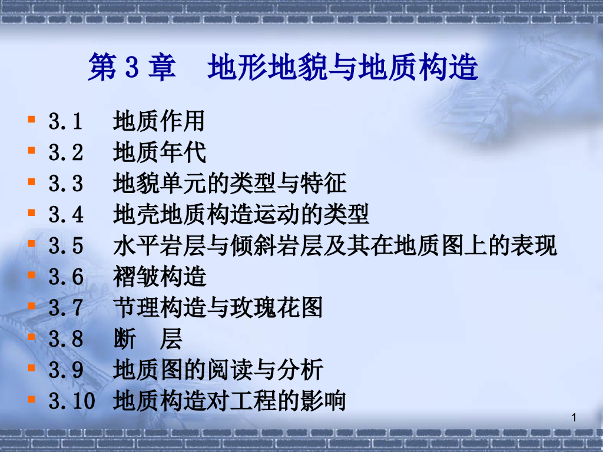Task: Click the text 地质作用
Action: click(x=159, y=122)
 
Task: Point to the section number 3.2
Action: click(x=65, y=153)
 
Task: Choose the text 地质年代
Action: click(x=159, y=153)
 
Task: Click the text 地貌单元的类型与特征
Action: click(x=230, y=184)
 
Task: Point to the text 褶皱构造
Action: click(x=159, y=276)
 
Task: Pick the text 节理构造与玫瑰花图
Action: click(x=218, y=308)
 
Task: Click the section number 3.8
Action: click(x=65, y=339)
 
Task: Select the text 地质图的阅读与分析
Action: click(x=218, y=370)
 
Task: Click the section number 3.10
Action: click(x=71, y=401)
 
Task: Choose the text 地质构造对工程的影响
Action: click(x=229, y=401)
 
